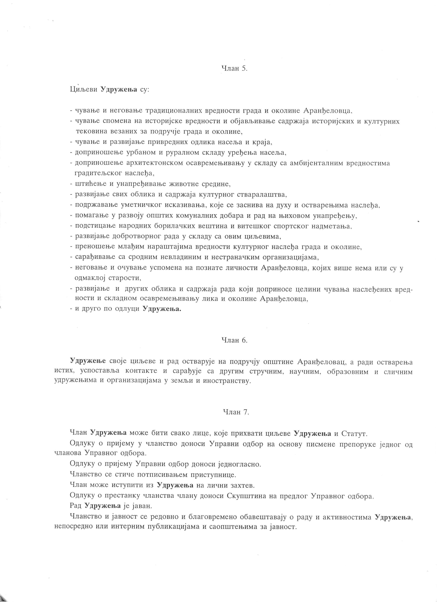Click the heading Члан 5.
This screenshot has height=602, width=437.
pos(234,68)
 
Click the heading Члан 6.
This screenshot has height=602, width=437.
pos(234,340)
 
